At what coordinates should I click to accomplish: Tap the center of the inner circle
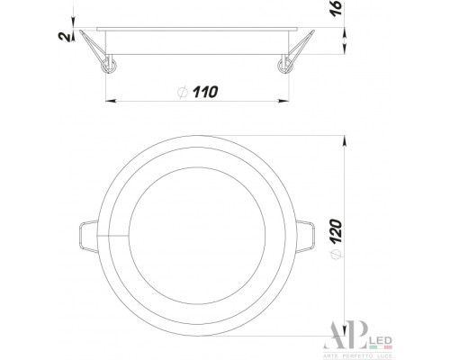pyautogui.click(x=197, y=236)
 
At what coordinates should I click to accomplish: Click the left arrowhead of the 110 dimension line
pyautogui.click(x=109, y=99)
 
